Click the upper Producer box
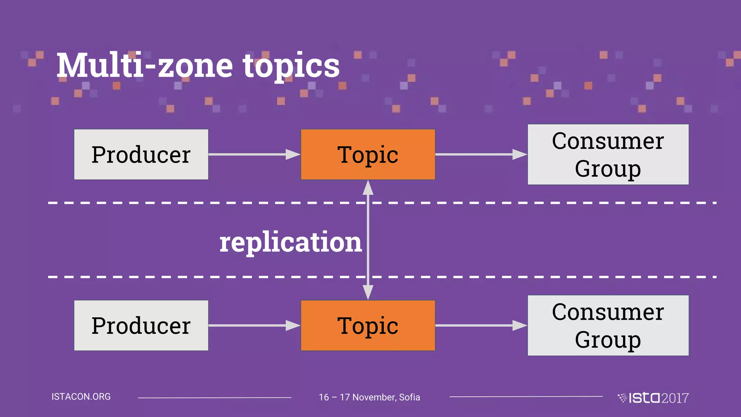[141, 155]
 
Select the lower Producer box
[141, 325]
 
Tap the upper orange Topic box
[368, 155]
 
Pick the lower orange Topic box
[368, 325]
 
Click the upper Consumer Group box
[608, 155]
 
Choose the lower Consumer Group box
[608, 325]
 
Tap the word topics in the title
[291, 66]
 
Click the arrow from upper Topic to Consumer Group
[481, 155]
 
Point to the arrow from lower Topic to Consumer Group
[481, 325]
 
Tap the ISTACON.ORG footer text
[81, 397]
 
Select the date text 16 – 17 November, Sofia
[369, 397]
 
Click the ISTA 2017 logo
[653, 398]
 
